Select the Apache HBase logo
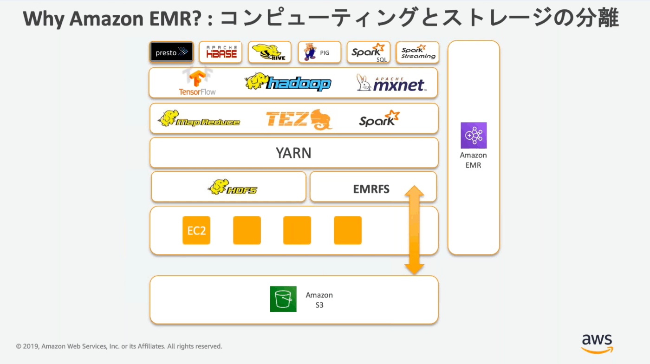(221, 52)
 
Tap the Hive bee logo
(270, 52)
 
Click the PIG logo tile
(319, 52)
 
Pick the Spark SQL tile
(368, 52)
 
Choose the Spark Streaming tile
(418, 52)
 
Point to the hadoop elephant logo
(288, 82)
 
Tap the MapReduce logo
(199, 119)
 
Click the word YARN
(293, 153)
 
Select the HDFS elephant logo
(233, 187)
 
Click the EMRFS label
(371, 189)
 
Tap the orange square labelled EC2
(196, 230)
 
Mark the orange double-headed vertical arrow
(414, 230)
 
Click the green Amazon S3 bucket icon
(283, 299)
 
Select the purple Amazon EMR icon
(474, 136)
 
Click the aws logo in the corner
(597, 344)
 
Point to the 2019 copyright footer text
(119, 346)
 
